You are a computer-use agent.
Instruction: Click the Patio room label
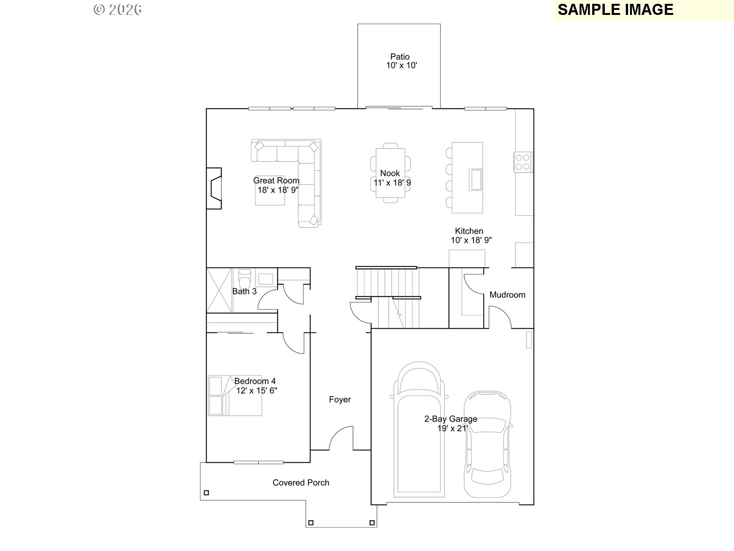pos(400,57)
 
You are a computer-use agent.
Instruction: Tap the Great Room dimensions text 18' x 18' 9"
pos(278,190)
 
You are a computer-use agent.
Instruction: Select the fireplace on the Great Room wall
pos(214,188)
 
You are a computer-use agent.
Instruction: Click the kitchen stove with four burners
pos(523,162)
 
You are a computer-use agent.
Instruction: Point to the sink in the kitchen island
pos(476,179)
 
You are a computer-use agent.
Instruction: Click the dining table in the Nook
pos(390,173)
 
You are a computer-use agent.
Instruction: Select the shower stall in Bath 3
pos(219,290)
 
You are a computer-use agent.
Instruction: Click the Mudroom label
pos(507,295)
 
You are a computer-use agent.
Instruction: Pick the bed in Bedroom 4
pos(235,395)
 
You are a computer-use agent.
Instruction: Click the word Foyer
pos(340,399)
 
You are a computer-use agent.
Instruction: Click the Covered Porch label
pos(301,483)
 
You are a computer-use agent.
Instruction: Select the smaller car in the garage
pos(487,444)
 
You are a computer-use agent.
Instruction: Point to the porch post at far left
pos(206,493)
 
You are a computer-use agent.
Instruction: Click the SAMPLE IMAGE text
pos(615,10)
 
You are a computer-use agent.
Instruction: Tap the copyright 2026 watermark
pos(118,10)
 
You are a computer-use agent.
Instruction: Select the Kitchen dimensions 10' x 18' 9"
pos(471,240)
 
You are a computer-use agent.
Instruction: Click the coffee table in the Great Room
pos(270,191)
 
